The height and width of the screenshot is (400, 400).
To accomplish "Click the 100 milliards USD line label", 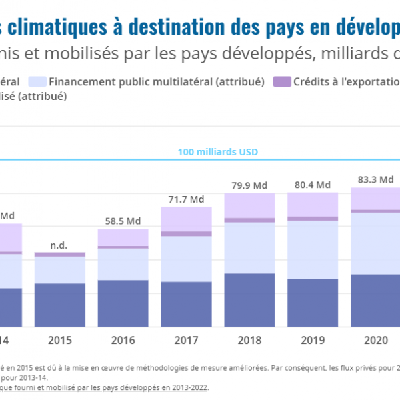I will point(217,152).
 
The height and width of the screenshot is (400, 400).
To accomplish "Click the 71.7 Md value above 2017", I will point(186,199).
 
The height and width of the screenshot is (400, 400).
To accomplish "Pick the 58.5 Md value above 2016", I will point(123,221).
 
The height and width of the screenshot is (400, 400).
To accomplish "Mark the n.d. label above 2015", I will point(59,245).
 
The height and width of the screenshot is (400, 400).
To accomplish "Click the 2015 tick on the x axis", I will point(60,341).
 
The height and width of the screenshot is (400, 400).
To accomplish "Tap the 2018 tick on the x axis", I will point(249,341).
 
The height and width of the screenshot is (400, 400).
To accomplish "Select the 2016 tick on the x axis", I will point(123,341).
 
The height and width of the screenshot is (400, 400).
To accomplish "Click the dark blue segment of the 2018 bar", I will point(249,300).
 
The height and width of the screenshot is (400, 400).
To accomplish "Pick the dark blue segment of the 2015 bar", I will point(60,305).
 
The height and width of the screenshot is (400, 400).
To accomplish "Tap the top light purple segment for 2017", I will point(186,219).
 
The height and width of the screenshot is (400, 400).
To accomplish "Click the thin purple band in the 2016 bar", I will point(123,247).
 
